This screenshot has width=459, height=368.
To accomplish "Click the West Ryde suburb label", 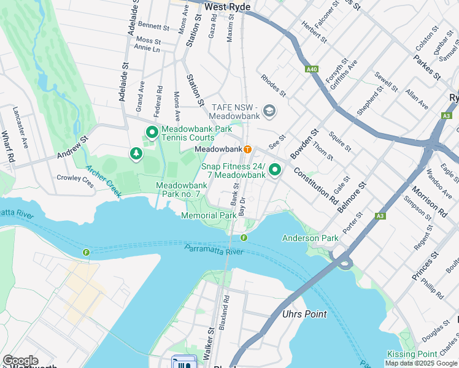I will point(228,6).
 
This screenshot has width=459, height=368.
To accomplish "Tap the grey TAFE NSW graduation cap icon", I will point(269,111).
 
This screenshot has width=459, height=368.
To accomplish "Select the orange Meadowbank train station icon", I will point(248,149).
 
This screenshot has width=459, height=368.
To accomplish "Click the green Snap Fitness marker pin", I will point(276,169).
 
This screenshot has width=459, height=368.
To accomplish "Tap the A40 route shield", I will point(312,70).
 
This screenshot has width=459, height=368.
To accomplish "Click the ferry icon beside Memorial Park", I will point(244,238).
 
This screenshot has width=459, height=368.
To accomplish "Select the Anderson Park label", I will point(310,238).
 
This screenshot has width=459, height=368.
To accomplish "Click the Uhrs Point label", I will point(304,314).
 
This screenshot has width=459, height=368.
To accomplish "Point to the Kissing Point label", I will point(412,355).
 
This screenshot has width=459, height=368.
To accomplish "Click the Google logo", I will point(20,361).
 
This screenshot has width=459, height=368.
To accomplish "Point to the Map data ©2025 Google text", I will point(421,363).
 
